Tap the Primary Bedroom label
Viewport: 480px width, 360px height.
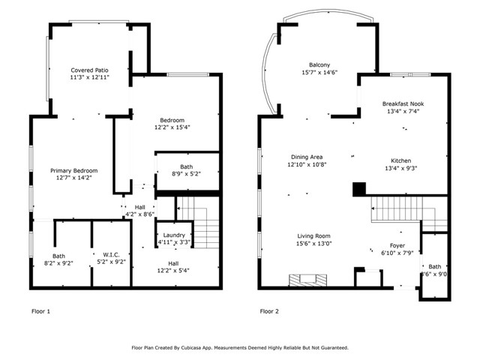pyautogui.click(x=73, y=170)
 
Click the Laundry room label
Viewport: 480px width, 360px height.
pyautogui.click(x=174, y=235)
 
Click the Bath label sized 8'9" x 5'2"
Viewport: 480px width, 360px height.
pyautogui.click(x=186, y=166)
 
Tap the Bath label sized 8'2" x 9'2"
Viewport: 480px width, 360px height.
pyautogui.click(x=58, y=256)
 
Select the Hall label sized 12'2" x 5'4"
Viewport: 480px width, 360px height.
pyautogui.click(x=173, y=263)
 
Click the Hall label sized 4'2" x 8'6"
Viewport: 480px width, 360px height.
pyautogui.click(x=140, y=207)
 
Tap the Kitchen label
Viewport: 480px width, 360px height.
pyautogui.click(x=401, y=160)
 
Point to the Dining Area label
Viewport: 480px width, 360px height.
pyautogui.click(x=308, y=157)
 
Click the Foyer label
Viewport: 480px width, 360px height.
pyautogui.click(x=397, y=246)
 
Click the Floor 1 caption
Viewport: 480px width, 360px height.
pyautogui.click(x=41, y=310)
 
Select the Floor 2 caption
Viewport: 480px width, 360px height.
pyautogui.click(x=270, y=310)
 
